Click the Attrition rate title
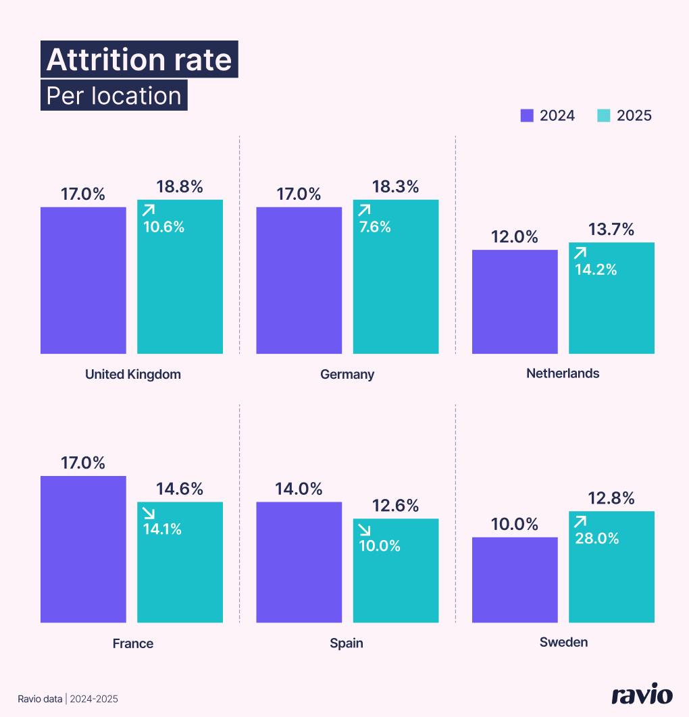click(x=139, y=60)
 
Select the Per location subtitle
click(x=113, y=96)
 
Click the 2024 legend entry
click(x=548, y=115)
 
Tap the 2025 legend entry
click(x=625, y=115)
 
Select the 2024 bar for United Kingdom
click(x=83, y=280)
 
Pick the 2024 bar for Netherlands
click(x=515, y=302)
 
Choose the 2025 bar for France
click(x=180, y=570)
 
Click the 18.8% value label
click(x=180, y=187)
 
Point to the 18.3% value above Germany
click(x=396, y=187)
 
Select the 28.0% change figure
click(x=597, y=538)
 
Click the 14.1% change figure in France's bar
click(x=162, y=529)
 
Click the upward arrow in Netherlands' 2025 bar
click(x=580, y=253)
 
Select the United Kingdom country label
click(x=133, y=374)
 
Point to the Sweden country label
click(x=563, y=642)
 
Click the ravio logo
click(x=642, y=695)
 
